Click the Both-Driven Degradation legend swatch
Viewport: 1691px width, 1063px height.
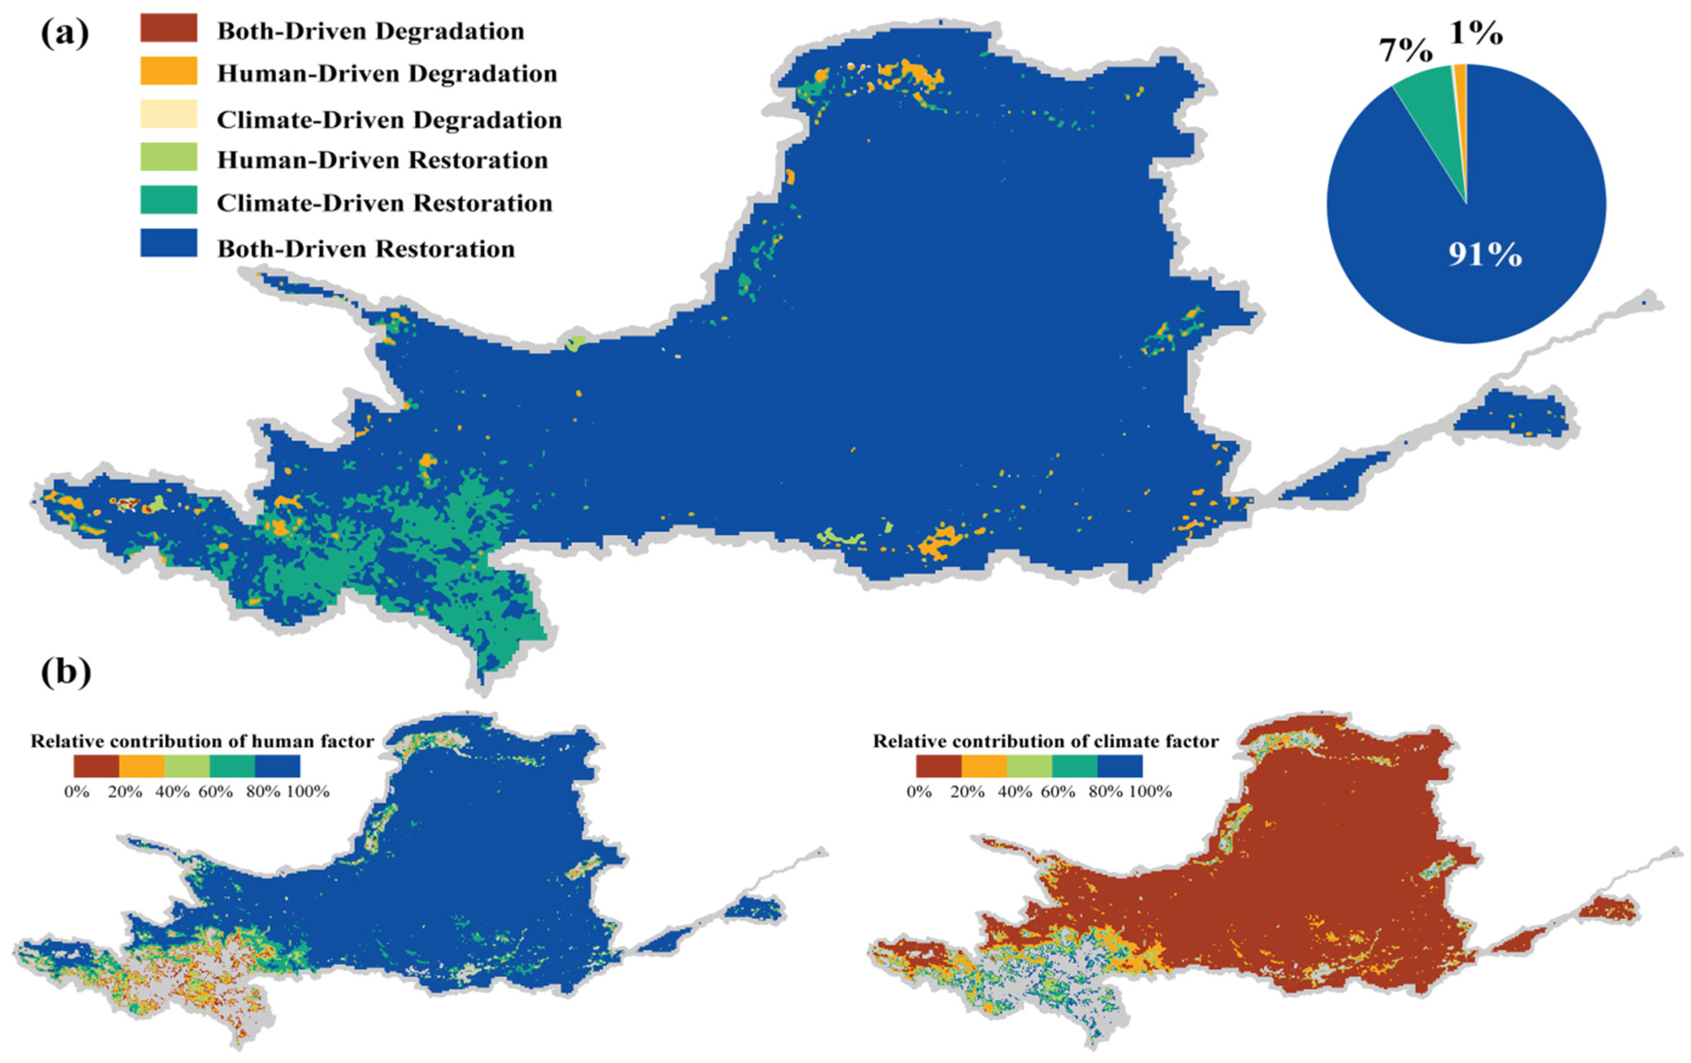click(x=168, y=28)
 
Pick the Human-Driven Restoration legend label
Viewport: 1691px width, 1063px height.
click(x=382, y=160)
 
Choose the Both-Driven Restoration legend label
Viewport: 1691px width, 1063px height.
click(x=366, y=249)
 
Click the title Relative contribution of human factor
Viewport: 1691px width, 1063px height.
click(x=202, y=741)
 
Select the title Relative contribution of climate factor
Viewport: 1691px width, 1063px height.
click(x=1045, y=741)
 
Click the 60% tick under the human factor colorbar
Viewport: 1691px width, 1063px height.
click(x=215, y=792)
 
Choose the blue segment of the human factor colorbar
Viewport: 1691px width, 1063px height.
click(x=277, y=766)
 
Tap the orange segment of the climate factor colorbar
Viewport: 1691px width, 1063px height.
click(x=984, y=766)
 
